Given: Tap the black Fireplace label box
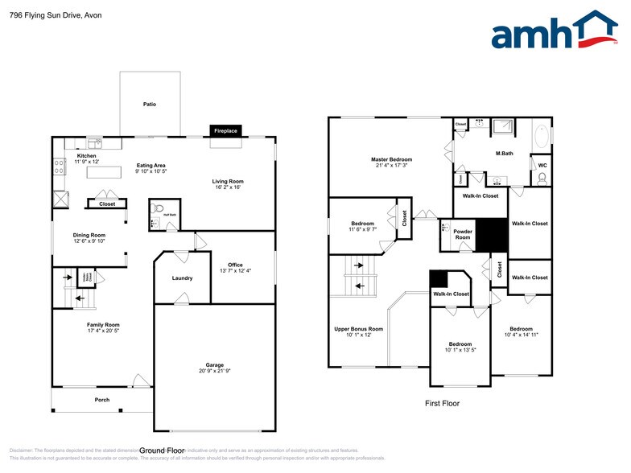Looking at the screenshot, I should coord(225,130).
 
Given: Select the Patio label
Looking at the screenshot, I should coord(150,105).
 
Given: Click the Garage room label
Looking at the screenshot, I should coord(214,364).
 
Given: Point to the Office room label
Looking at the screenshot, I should coord(235,265).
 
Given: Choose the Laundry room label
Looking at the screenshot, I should coord(182,278).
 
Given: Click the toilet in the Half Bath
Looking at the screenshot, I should coord(155,219).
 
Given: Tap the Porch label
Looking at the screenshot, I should coord(102,400).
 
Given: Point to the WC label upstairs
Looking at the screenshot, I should coord(542,165).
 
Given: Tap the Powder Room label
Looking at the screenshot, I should coord(463,234).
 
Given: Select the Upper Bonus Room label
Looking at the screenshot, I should coord(358,329).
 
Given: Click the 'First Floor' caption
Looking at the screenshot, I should coord(442,403).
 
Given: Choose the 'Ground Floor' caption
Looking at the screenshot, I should coord(163,450).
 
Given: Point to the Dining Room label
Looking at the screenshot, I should coord(89,235).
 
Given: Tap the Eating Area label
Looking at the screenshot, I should coord(151,165).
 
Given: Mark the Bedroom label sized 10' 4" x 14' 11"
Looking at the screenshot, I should coord(521,328).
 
